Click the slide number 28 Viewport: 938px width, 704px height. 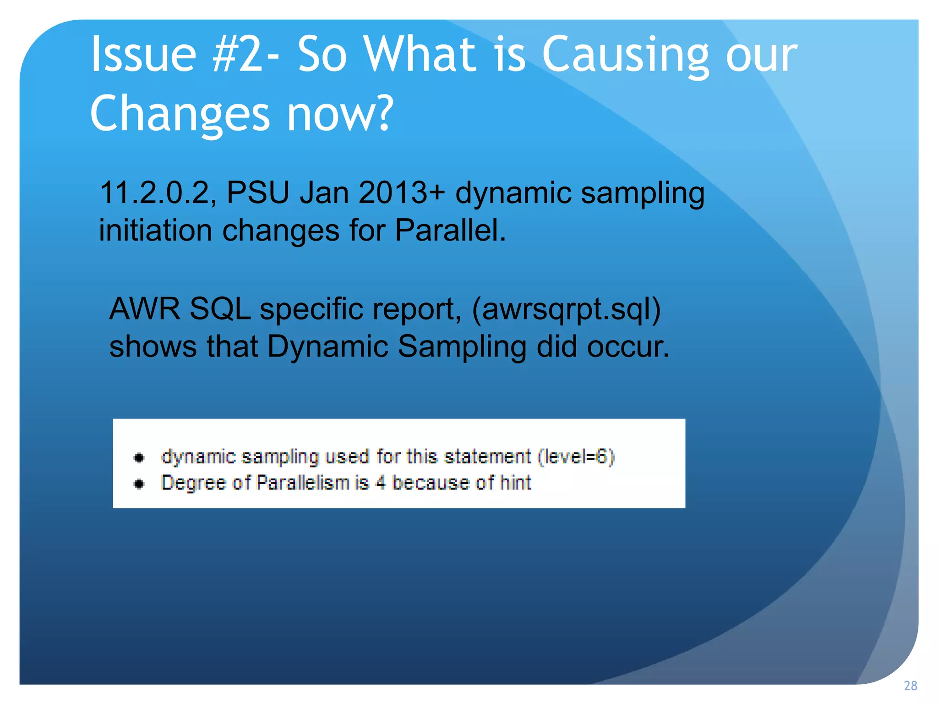tap(910, 686)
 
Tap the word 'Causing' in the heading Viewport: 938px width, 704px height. tap(625, 55)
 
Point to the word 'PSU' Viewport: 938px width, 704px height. tap(258, 192)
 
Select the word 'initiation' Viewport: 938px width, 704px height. tap(155, 230)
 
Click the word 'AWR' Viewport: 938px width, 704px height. tap(145, 309)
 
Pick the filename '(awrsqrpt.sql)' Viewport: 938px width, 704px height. tap(566, 309)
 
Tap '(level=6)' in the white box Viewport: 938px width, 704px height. tap(576, 457)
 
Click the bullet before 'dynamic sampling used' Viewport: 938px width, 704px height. tap(139, 458)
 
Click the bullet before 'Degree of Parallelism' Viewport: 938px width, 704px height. tap(139, 484)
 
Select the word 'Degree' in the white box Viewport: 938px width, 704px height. tap(193, 483)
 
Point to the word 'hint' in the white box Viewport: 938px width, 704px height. tap(515, 483)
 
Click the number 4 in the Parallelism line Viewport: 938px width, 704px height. tap(380, 483)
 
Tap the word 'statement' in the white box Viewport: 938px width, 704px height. tap(487, 457)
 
